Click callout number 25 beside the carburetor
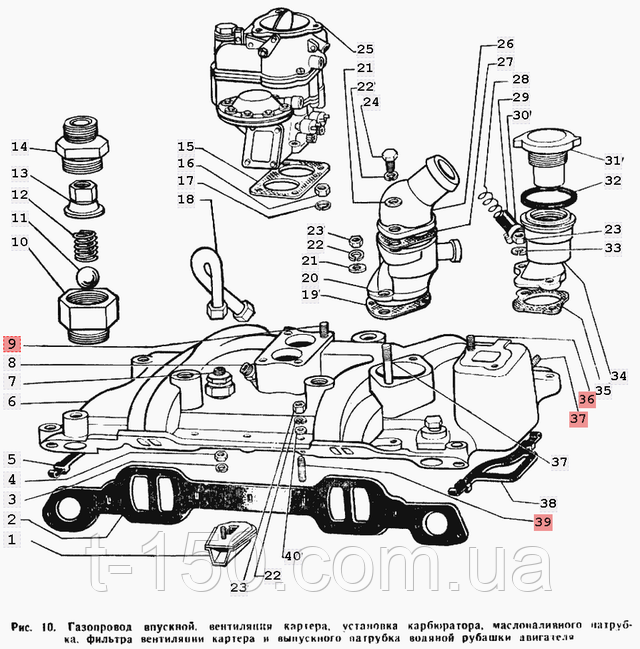coord(364,48)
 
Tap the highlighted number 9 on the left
coord(11,343)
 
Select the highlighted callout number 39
coord(541,521)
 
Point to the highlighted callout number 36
coord(586,399)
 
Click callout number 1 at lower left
coord(11,540)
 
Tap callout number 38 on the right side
coord(547,502)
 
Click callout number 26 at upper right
coord(504,44)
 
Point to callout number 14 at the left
coord(20,148)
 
